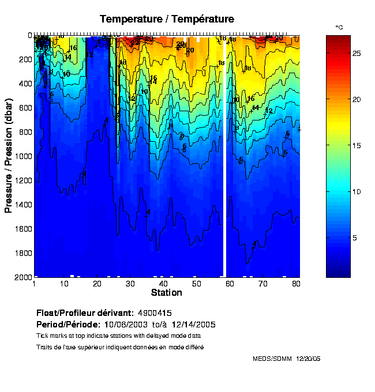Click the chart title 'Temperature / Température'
click(167, 19)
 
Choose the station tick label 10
click(64, 284)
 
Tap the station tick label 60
click(230, 284)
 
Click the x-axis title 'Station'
click(167, 293)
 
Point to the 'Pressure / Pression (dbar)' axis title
click(9, 156)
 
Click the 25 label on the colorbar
click(357, 54)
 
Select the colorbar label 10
click(357, 191)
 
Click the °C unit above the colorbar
click(339, 27)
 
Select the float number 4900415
click(155, 313)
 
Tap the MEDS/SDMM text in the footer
click(272, 359)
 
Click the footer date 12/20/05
click(308, 359)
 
